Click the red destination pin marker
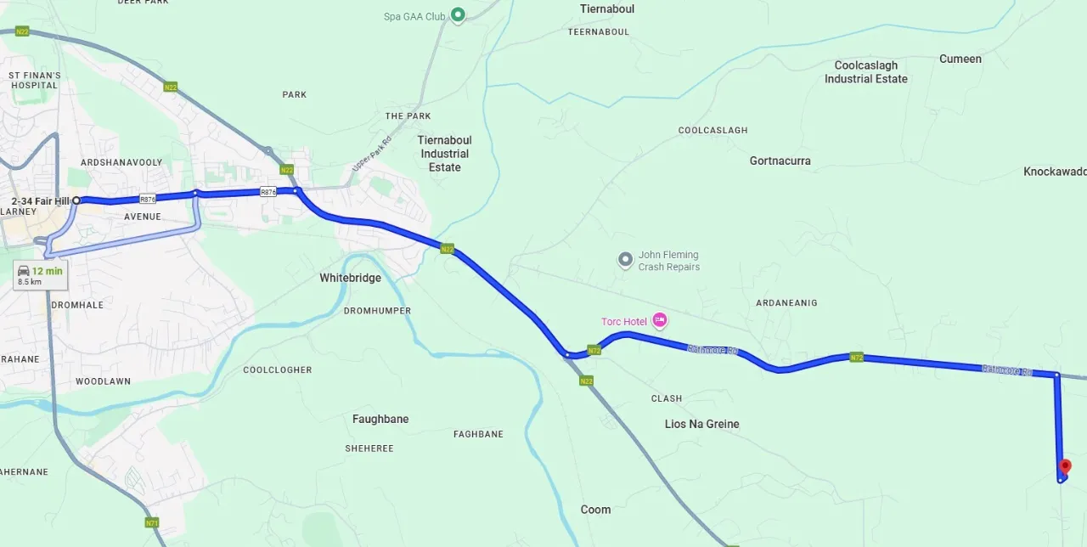point(1065,467)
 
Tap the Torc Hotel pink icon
point(660,321)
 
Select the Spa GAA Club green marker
point(458,14)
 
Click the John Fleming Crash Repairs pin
point(626,259)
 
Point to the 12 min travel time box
point(39,275)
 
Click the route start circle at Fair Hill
point(76,200)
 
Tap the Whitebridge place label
point(350,278)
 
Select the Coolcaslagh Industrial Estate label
point(865,72)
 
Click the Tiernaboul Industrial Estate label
point(444,154)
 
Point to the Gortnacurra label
point(780,161)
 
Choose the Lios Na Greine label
point(701,424)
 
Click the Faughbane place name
point(380,419)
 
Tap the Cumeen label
point(960,59)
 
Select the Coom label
point(595,510)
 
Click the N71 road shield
point(152,522)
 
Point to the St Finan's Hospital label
point(35,80)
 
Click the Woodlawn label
point(103,381)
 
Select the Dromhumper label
point(377,311)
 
